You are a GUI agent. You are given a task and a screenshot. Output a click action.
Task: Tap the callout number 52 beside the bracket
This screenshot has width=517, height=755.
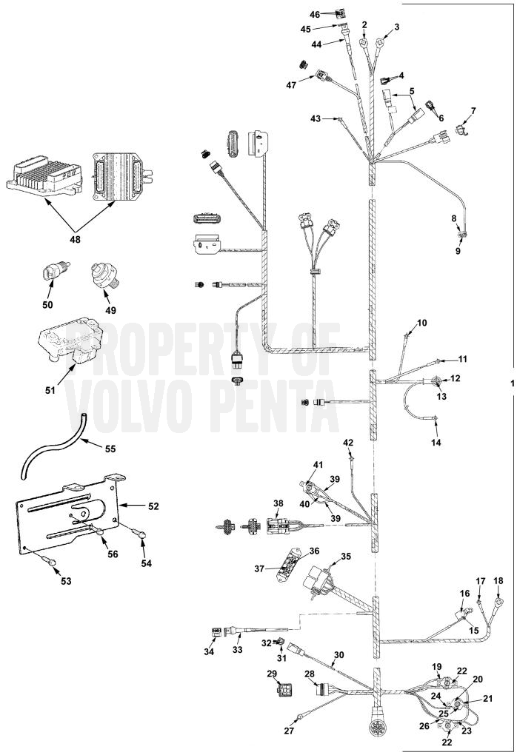point(153,506)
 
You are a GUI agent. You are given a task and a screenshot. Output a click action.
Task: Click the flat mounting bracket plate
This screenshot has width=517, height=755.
point(68,514)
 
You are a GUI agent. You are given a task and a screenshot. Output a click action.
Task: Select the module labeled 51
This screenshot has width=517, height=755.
point(70,343)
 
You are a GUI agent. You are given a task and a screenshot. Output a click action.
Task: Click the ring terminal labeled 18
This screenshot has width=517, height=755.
point(498,601)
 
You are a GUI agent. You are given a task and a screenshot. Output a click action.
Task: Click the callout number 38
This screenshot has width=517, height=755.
point(278,503)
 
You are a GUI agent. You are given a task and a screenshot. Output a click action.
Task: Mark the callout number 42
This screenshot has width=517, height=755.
point(348,443)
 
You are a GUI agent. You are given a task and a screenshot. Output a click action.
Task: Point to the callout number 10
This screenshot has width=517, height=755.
point(421,323)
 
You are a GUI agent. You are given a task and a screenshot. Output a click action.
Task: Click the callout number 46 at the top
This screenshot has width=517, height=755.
point(315,15)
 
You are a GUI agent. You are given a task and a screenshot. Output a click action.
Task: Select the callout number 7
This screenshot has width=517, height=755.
point(473,111)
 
